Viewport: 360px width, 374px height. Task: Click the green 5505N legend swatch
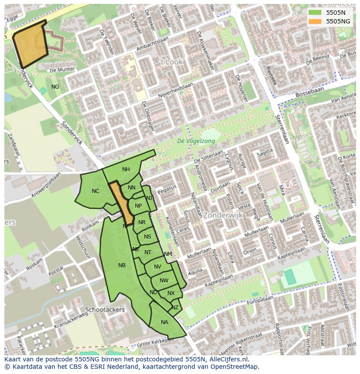click(316, 13)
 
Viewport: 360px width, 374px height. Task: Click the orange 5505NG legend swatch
click(316, 21)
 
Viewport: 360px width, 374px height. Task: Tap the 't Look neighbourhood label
click(171, 62)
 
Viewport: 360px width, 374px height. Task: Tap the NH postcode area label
click(126, 169)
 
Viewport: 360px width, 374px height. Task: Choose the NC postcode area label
click(96, 191)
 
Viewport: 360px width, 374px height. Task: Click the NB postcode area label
click(122, 265)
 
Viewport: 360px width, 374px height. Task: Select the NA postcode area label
click(164, 322)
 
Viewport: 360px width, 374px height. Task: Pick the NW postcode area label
click(164, 281)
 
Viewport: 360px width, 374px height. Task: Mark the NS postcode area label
click(148, 237)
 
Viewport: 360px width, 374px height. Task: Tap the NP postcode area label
click(138, 206)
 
